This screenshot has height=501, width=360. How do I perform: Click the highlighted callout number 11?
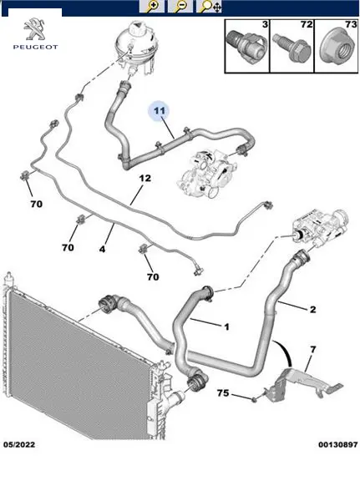point(160,110)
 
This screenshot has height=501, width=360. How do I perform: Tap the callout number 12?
point(145,178)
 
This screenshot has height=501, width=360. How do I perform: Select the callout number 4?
point(102,249)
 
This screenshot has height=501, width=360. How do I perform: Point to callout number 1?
point(226,326)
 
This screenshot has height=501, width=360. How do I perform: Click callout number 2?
point(312,309)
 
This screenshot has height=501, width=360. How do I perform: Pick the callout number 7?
point(312,350)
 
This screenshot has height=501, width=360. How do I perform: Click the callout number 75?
point(223,392)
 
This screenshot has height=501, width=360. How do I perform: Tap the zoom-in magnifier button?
point(152,6)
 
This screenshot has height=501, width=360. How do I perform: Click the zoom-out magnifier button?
point(180,6)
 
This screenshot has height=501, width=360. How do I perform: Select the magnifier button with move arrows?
point(209,6)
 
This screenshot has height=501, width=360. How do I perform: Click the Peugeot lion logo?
point(35,29)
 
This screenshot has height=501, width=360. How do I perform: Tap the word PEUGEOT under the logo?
point(35,47)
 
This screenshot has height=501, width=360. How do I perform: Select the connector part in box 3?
point(246,44)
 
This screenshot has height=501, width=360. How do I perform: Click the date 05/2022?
point(19,444)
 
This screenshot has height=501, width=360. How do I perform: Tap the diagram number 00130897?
point(338,444)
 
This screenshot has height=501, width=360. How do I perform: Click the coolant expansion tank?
point(134,48)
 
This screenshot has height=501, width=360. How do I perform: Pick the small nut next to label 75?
point(254,399)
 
